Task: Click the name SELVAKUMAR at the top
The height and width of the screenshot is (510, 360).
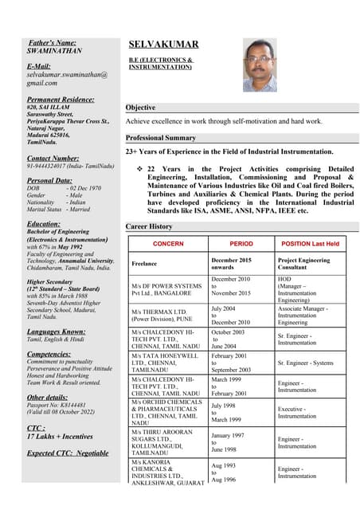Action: click(x=163, y=45)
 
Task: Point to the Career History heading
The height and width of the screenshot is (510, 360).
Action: click(x=149, y=227)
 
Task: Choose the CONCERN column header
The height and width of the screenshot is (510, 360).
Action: click(x=168, y=243)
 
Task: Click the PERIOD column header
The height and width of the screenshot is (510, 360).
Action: click(x=241, y=243)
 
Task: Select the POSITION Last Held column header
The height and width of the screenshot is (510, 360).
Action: click(x=311, y=243)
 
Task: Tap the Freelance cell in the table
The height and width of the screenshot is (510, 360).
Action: click(x=145, y=262)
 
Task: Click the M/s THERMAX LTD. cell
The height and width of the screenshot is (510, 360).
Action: click(x=162, y=316)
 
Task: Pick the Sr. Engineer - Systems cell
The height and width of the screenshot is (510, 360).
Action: click(x=306, y=363)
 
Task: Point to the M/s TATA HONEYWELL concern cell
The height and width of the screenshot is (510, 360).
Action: click(x=162, y=363)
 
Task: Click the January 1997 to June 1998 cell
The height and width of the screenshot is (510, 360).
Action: click(x=229, y=442)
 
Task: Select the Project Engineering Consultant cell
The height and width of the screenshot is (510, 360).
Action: click(x=303, y=264)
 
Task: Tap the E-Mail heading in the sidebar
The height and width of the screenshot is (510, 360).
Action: click(x=38, y=65)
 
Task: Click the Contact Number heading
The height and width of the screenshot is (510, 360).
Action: click(x=53, y=159)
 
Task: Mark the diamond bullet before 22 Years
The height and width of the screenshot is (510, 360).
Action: click(x=139, y=169)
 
